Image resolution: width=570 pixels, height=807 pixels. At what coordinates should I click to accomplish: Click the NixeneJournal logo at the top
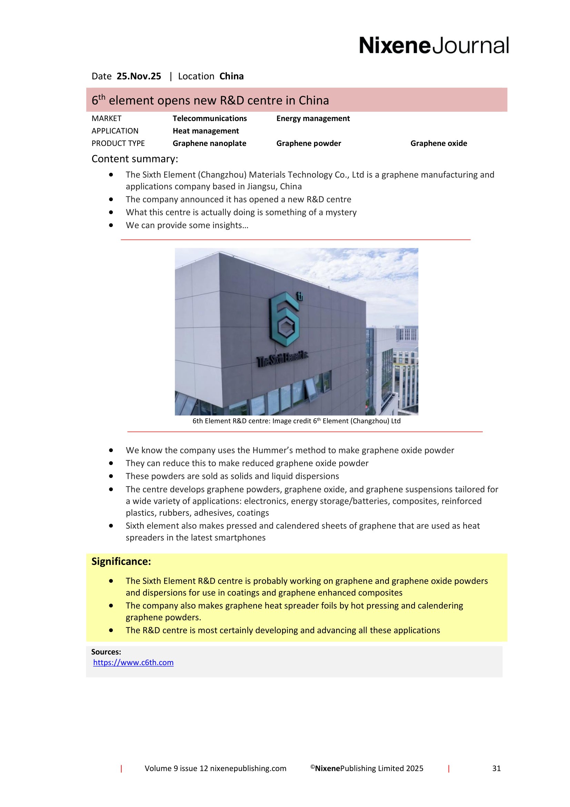pyautogui.click(x=433, y=46)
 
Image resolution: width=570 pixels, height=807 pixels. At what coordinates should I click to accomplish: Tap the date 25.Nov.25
pyautogui.click(x=139, y=76)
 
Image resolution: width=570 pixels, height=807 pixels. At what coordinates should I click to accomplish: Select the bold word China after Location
pyautogui.click(x=231, y=76)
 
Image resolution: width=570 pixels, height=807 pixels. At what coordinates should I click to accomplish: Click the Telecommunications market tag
pyautogui.click(x=210, y=118)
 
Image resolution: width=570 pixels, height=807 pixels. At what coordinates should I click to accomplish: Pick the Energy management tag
pyautogui.click(x=313, y=118)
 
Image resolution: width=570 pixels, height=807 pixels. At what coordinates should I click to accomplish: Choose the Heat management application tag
pyautogui.click(x=206, y=131)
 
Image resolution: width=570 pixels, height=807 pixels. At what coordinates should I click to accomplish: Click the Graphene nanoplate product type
pyautogui.click(x=209, y=144)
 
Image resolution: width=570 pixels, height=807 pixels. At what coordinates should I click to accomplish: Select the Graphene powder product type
pyautogui.click(x=308, y=144)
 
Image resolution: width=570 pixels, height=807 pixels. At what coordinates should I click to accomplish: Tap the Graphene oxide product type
pyautogui.click(x=439, y=144)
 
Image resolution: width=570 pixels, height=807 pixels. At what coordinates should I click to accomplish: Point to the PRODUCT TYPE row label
pyautogui.click(x=118, y=144)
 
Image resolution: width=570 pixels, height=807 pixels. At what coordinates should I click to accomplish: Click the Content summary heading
pyautogui.click(x=135, y=159)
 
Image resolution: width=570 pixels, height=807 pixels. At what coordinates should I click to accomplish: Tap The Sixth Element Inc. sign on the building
pyautogui.click(x=283, y=360)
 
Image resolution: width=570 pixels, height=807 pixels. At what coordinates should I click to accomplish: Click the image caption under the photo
pyautogui.click(x=297, y=421)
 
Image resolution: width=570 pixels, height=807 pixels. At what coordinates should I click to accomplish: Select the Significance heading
pyautogui.click(x=121, y=562)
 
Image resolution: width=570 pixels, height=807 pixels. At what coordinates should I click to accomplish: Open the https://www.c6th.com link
pyautogui.click(x=133, y=662)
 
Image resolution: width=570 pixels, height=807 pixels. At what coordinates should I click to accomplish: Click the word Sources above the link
pyautogui.click(x=106, y=652)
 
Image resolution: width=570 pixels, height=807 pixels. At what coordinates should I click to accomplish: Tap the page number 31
pyautogui.click(x=496, y=768)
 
